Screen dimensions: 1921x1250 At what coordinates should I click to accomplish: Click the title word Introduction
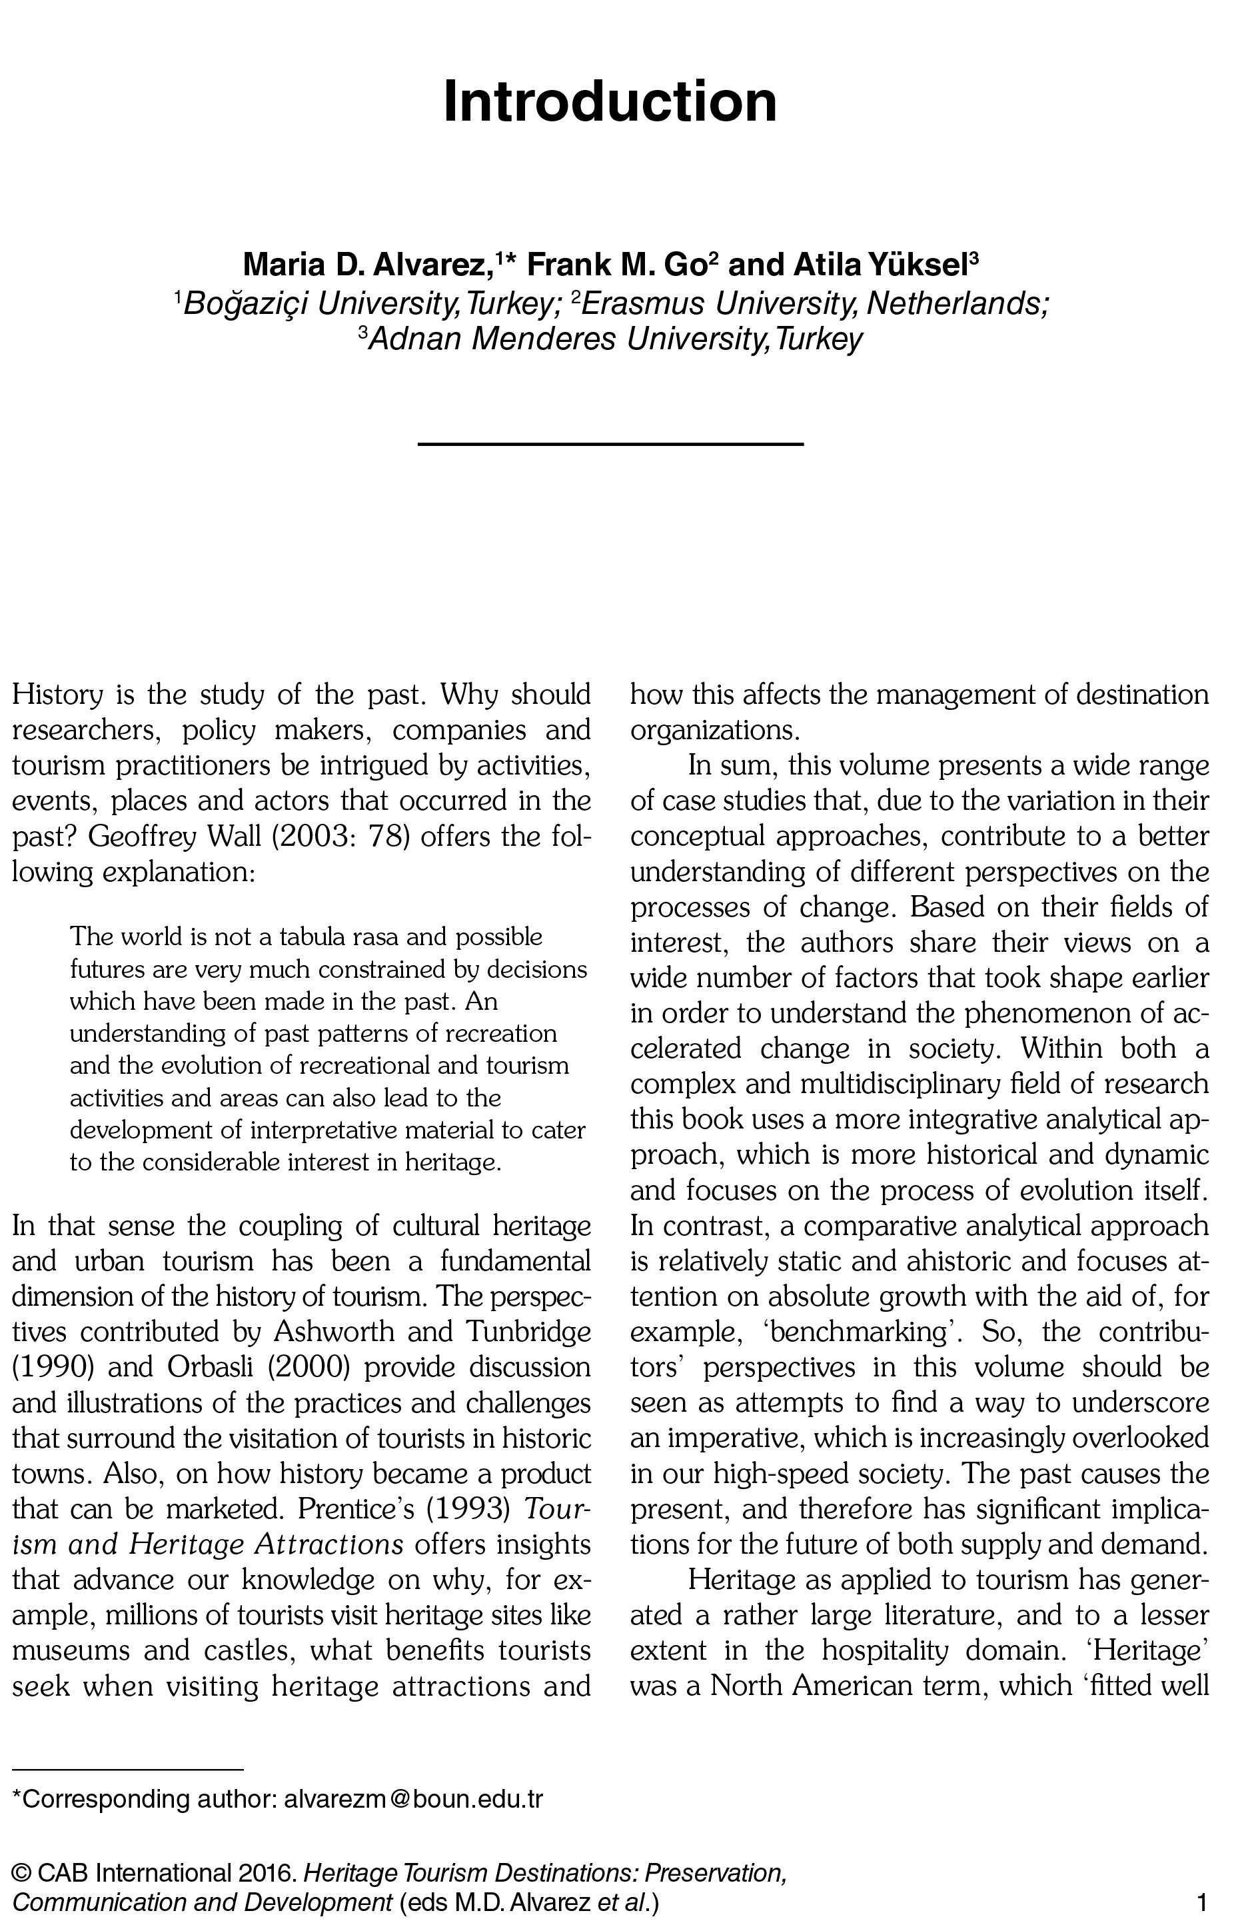pyautogui.click(x=610, y=102)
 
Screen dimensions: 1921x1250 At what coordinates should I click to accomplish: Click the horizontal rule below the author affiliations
pyautogui.click(x=610, y=444)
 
